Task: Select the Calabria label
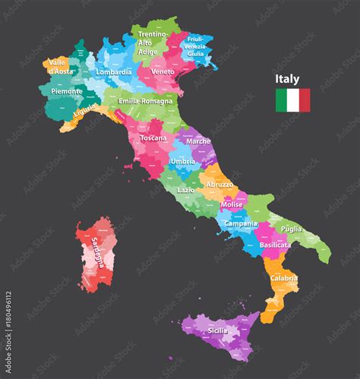283,279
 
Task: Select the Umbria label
185,163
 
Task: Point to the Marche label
199,141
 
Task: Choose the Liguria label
84,114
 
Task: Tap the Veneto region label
164,71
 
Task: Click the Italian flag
292,99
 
